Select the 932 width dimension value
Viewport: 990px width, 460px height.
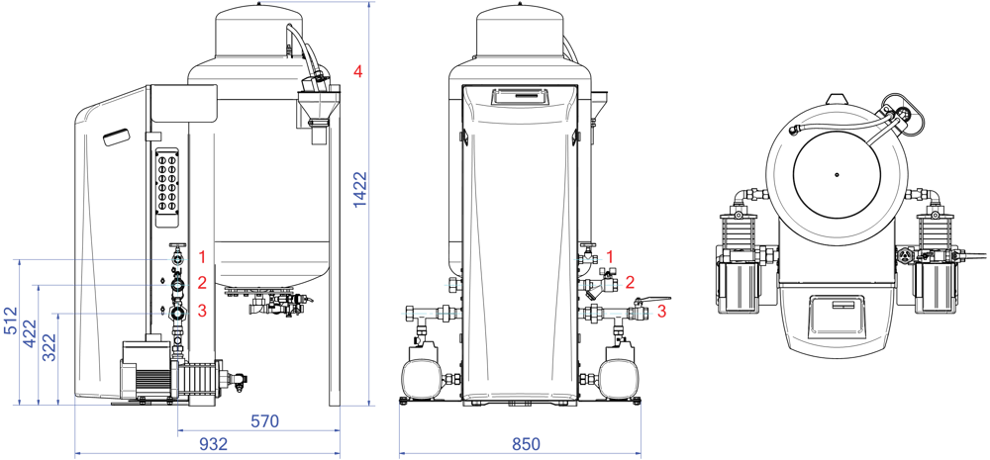[x=214, y=444]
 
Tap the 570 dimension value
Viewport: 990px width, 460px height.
[x=264, y=420]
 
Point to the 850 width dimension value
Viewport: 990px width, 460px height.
[x=526, y=444]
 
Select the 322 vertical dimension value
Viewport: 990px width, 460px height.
[x=49, y=347]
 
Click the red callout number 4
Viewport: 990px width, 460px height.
[x=357, y=72]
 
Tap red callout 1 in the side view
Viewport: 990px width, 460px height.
[x=202, y=257]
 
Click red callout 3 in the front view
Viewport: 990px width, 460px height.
[x=661, y=311]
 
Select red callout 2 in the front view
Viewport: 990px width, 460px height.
[x=630, y=282]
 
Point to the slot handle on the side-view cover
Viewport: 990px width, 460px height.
[x=115, y=138]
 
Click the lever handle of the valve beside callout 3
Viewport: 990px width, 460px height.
[x=653, y=301]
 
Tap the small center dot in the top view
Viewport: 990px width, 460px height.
[x=836, y=175]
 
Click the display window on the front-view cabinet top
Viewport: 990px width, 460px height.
[x=520, y=97]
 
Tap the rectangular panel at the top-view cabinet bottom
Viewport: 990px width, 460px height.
[x=836, y=315]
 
